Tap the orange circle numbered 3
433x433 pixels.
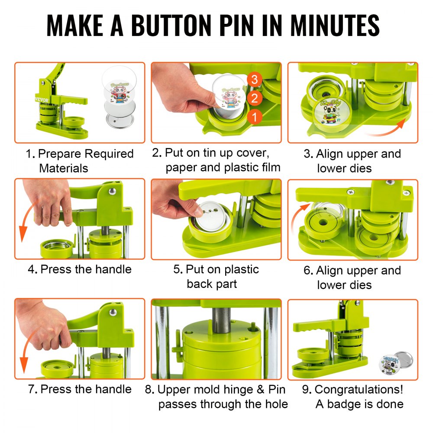tap(255, 79)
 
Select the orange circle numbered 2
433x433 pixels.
tap(255, 98)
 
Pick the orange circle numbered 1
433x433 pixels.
tap(255, 116)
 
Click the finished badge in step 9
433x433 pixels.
tap(397, 361)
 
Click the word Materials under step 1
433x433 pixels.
tap(64, 168)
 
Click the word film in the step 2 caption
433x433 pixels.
tap(269, 168)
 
